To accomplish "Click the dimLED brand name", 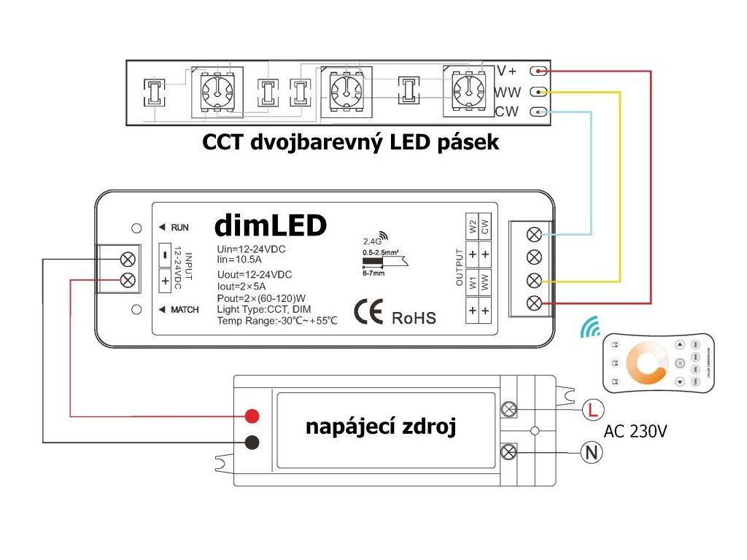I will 271,226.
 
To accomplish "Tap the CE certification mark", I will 369,312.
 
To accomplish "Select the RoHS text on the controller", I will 414,318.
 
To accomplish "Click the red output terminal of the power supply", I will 252,416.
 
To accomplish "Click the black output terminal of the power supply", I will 252,442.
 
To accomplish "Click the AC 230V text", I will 635,431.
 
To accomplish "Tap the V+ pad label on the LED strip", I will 506,71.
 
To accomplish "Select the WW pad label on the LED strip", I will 506,93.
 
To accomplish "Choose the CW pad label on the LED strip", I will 506,112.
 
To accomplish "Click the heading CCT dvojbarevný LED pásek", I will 350,142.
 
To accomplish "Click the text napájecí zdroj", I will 381,427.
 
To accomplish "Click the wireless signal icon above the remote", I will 589,330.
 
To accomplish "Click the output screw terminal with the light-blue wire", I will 533,235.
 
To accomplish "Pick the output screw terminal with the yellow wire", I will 533,280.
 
